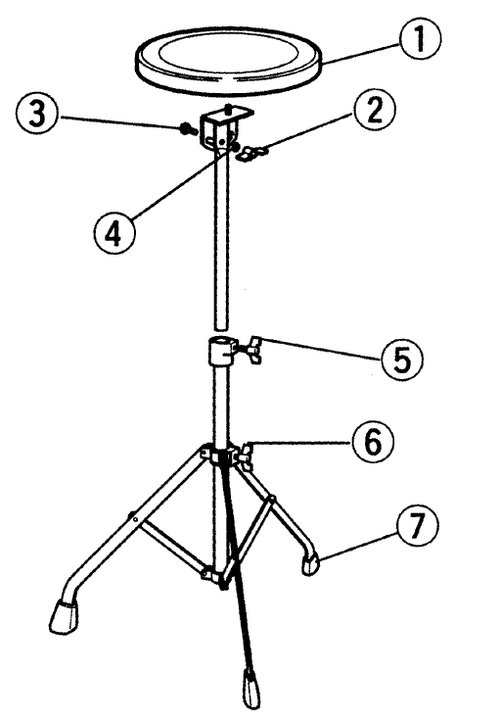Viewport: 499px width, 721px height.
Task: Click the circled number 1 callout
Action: click(420, 38)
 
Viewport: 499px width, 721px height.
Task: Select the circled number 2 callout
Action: click(375, 111)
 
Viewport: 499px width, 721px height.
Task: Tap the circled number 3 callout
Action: click(37, 114)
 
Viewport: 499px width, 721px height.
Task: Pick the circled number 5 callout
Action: click(402, 360)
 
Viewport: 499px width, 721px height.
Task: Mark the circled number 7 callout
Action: click(416, 526)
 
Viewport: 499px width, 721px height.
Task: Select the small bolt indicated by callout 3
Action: click(188, 129)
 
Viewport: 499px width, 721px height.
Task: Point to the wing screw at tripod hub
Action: click(246, 456)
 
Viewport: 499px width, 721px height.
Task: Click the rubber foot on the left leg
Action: click(65, 617)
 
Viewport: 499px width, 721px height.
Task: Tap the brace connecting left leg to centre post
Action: click(172, 546)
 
